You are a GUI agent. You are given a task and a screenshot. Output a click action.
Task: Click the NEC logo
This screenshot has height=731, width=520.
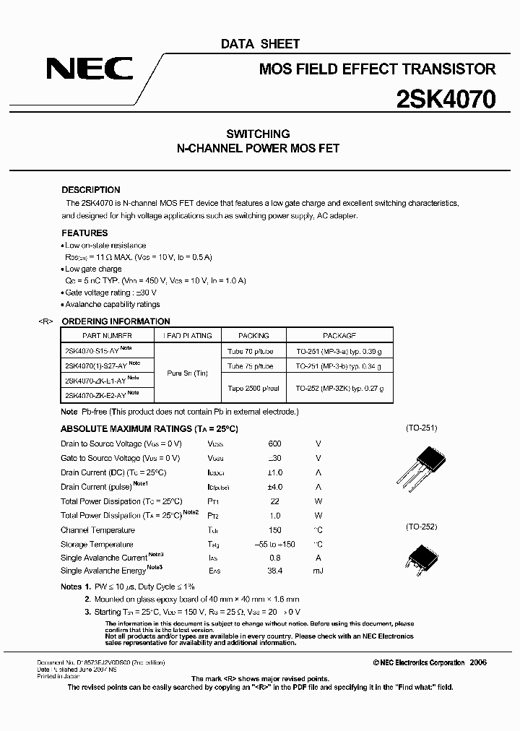click(x=90, y=69)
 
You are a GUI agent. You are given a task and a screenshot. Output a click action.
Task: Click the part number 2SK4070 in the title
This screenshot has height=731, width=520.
click(x=445, y=99)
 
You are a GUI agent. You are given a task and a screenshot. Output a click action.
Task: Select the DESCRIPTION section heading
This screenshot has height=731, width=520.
click(x=91, y=190)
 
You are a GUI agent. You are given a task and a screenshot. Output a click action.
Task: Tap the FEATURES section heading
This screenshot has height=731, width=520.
click(x=84, y=233)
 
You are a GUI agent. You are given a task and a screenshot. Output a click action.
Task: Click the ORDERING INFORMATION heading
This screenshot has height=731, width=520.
click(x=116, y=321)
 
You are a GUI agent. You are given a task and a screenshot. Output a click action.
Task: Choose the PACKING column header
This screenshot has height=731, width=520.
click(x=253, y=336)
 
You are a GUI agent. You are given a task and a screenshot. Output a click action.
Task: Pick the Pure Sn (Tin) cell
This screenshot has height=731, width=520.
click(x=187, y=373)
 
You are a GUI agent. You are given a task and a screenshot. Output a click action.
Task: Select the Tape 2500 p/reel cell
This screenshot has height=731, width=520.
click(x=253, y=389)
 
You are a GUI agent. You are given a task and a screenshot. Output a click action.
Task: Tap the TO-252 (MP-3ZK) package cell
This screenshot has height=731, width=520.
click(x=339, y=389)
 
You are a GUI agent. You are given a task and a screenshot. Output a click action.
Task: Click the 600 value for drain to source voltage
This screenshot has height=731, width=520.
click(x=274, y=444)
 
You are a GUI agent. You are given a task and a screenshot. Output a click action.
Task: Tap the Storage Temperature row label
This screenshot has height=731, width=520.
click(x=97, y=545)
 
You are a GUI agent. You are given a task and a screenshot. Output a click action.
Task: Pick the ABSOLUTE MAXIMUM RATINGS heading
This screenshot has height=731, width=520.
click(x=149, y=429)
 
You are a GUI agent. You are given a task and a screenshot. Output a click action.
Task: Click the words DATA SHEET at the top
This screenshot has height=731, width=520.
click(x=260, y=45)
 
